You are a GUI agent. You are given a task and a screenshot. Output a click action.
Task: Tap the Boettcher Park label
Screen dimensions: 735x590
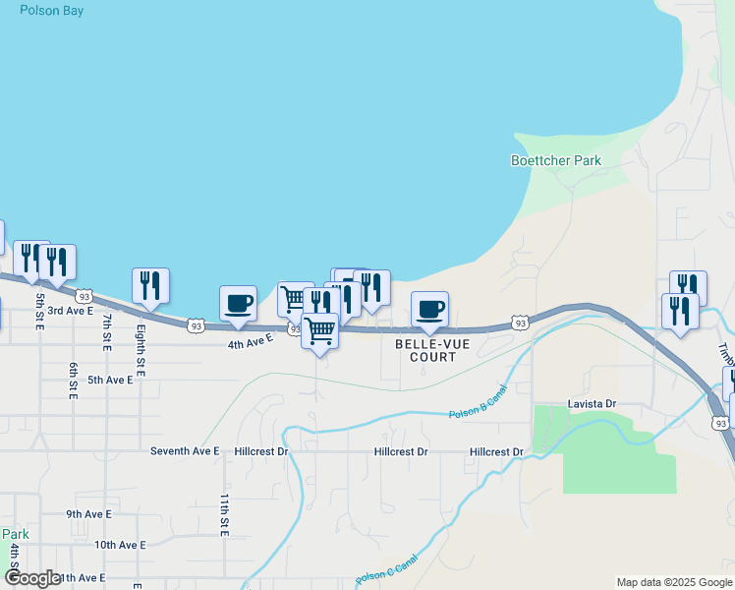pyautogui.click(x=555, y=160)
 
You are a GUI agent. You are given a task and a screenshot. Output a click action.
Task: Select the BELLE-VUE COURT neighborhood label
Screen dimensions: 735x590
pyautogui.click(x=426, y=350)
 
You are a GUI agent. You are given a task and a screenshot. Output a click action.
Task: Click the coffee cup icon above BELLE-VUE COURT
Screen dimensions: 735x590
pyautogui.click(x=429, y=310)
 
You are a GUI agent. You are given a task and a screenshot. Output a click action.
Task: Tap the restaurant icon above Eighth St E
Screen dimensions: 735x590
pyautogui.click(x=150, y=285)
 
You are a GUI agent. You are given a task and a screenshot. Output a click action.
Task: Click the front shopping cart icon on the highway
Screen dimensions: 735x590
pyautogui.click(x=319, y=330)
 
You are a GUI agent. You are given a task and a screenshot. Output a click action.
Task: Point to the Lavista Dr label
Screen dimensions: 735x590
pyautogui.click(x=592, y=404)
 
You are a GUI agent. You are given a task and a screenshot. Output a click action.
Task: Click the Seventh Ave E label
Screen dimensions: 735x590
pyautogui.click(x=185, y=451)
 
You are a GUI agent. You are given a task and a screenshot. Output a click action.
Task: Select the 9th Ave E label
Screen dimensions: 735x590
pyautogui.click(x=89, y=514)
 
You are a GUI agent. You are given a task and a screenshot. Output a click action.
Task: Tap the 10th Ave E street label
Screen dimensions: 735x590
pyautogui.click(x=119, y=545)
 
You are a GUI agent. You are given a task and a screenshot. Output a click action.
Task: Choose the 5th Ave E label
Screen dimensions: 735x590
pyautogui.click(x=110, y=379)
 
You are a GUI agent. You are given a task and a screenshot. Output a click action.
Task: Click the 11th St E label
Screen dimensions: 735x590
pyautogui.click(x=225, y=515)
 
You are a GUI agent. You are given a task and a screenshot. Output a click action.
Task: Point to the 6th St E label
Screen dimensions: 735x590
pyautogui.click(x=73, y=380)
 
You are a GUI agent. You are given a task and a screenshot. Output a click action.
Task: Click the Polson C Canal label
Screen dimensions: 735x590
pyautogui.click(x=386, y=569)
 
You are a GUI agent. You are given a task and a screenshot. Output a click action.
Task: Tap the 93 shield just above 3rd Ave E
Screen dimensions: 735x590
pyautogui.click(x=85, y=295)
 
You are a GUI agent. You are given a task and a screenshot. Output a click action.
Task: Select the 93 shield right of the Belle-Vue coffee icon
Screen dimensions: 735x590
pyautogui.click(x=520, y=323)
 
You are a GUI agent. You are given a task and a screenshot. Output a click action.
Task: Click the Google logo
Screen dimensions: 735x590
pyautogui.click(x=32, y=578)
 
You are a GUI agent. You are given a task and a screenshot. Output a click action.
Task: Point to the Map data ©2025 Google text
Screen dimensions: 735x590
pyautogui.click(x=673, y=582)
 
